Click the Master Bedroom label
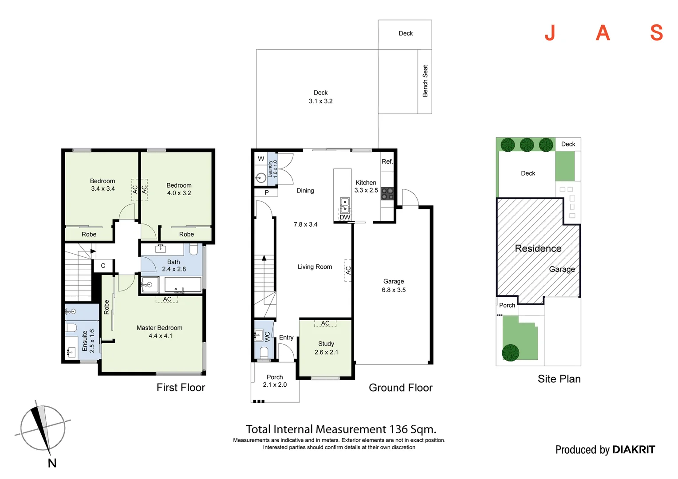pyautogui.click(x=159, y=328)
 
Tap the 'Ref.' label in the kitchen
pyautogui.click(x=387, y=161)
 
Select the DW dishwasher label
pyautogui.click(x=345, y=217)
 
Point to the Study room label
pyautogui.click(x=326, y=344)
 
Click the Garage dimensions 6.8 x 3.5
pyautogui.click(x=394, y=290)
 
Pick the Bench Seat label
pyautogui.click(x=425, y=81)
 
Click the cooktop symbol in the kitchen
pyautogui.click(x=387, y=193)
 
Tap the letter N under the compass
pyautogui.click(x=52, y=463)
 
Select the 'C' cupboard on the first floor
pyautogui.click(x=103, y=266)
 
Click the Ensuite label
pyautogui.click(x=85, y=341)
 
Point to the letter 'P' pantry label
pyautogui.click(x=267, y=192)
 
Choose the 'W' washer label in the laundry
pyautogui.click(x=261, y=159)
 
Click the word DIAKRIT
pyautogui.click(x=633, y=450)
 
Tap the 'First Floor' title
pyautogui.click(x=181, y=388)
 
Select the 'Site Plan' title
pyautogui.click(x=559, y=379)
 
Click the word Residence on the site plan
pyautogui.click(x=538, y=248)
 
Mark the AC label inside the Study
pyautogui.click(x=325, y=323)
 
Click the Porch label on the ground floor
pyautogui.click(x=275, y=377)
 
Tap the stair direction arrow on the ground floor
pyautogui.click(x=264, y=258)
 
